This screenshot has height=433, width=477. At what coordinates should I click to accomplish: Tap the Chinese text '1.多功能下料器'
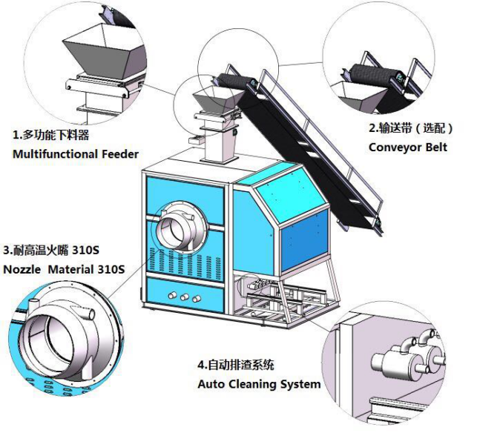coord(51,135)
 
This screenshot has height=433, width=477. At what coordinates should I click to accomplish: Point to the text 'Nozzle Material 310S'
coord(64,268)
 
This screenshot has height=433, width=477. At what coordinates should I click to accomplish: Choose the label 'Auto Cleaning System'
coord(259,384)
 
